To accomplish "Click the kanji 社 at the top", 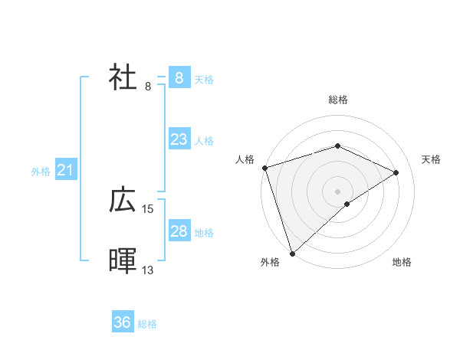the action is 123,78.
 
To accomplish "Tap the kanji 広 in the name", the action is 123,201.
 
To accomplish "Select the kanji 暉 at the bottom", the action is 123,261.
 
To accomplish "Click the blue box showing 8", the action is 179,78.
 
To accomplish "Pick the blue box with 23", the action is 179,139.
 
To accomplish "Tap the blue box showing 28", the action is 179,231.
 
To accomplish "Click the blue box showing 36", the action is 122,323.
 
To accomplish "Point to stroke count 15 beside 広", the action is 148,208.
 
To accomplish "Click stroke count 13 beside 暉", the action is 148,270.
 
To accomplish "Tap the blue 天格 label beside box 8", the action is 204,79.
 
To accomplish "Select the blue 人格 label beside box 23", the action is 204,140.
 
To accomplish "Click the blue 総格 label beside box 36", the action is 147,324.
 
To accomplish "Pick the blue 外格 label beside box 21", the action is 41,172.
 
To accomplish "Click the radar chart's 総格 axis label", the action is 337,100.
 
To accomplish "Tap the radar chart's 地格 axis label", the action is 402,262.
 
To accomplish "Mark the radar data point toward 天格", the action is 396,172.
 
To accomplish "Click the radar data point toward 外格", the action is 293,253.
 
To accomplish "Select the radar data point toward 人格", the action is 264,168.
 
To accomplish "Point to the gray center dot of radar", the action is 337,191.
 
